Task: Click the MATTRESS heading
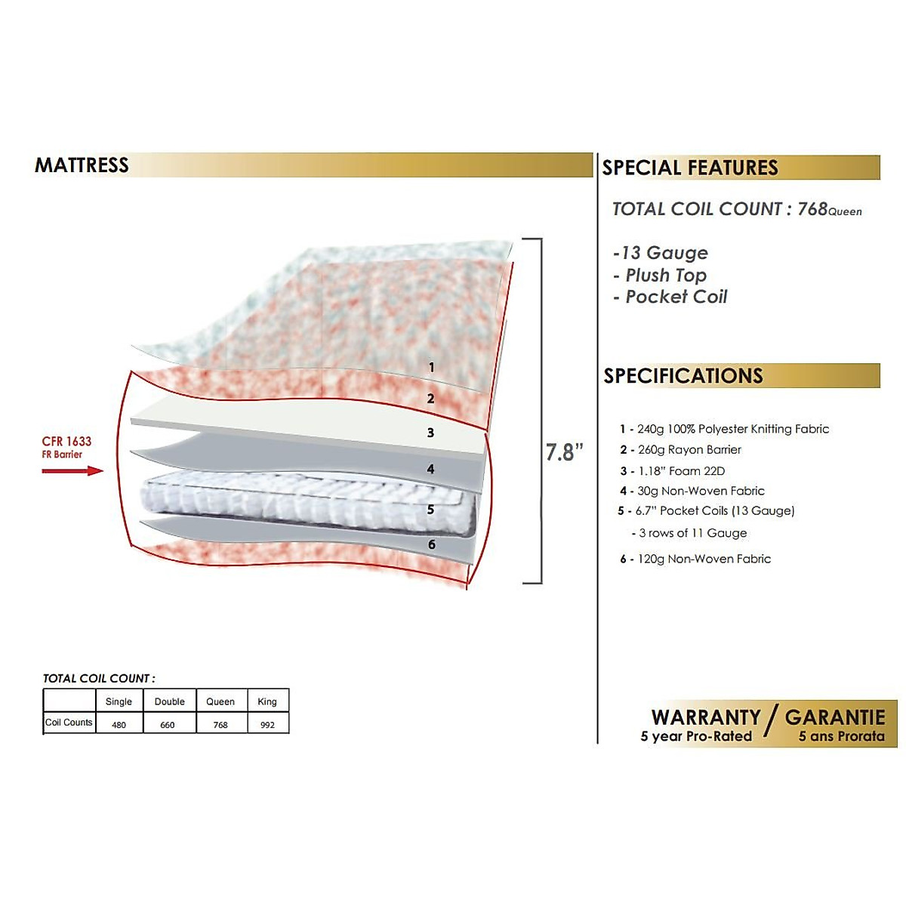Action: (x=82, y=165)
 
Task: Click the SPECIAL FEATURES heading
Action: (x=689, y=168)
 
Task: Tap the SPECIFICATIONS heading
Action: (x=683, y=376)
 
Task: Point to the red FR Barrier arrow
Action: (x=72, y=471)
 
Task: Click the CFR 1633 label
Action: (x=66, y=442)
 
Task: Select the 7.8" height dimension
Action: (x=564, y=452)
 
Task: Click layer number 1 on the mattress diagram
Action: (x=431, y=368)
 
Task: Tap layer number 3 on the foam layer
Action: (x=430, y=433)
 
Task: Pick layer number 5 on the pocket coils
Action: (x=430, y=510)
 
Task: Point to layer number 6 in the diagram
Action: (x=431, y=544)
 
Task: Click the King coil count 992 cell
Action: (x=267, y=725)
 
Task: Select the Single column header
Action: (x=119, y=701)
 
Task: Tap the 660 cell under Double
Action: (x=168, y=725)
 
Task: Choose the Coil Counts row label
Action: (x=69, y=723)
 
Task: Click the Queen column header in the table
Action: (x=220, y=701)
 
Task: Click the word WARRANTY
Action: (x=706, y=717)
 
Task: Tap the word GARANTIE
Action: (x=834, y=717)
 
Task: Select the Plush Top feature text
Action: (x=665, y=276)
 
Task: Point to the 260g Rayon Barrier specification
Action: (x=689, y=450)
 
